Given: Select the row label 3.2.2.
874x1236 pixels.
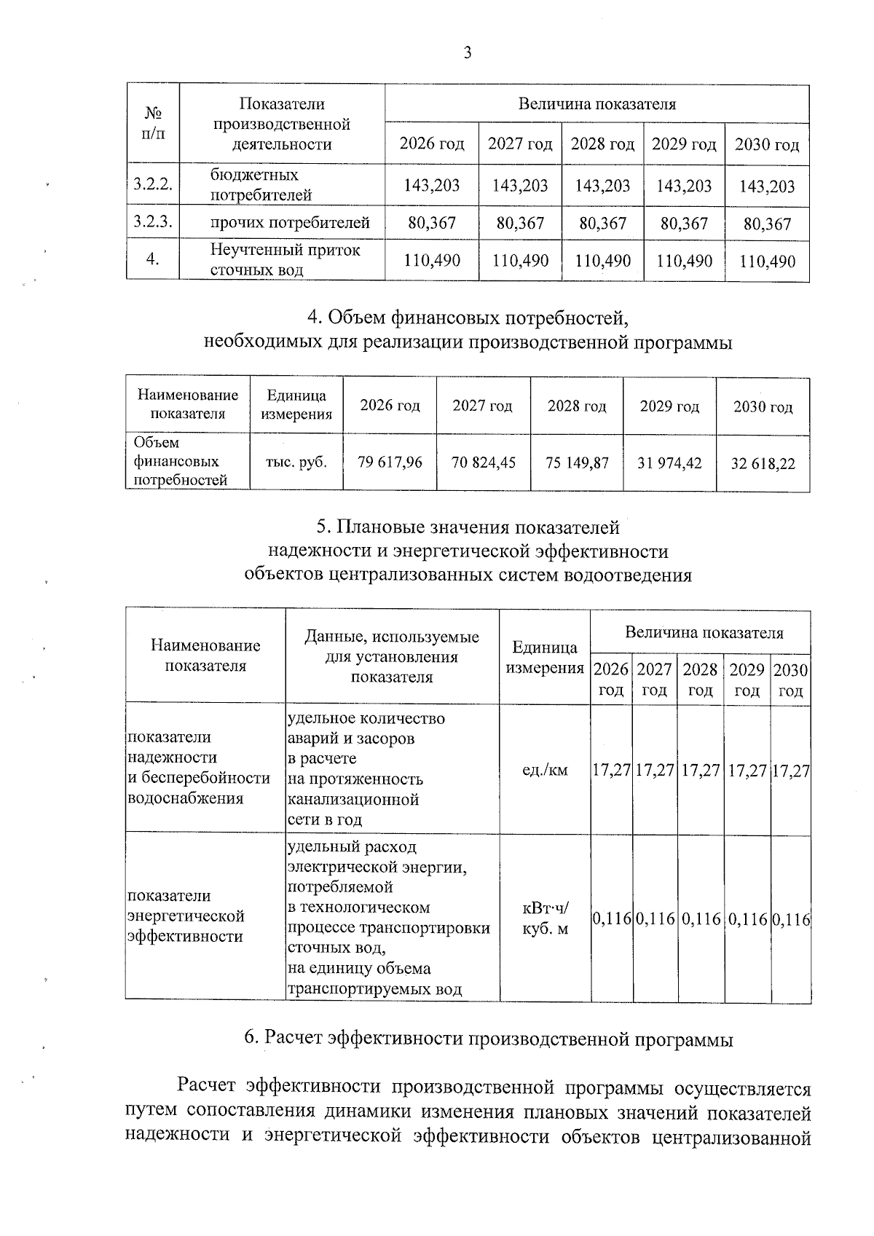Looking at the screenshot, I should pos(152,185).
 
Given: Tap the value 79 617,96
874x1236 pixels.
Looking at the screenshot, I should pos(390,462).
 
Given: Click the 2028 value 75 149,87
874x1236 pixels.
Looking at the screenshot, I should pos(577,462).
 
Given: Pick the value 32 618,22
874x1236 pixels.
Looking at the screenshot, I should pos(763,463).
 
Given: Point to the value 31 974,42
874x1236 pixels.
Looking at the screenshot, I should pos(669,462).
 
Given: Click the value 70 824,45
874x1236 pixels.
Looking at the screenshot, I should pos(484,462).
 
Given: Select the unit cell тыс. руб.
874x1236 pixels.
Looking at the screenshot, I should pos(296,462).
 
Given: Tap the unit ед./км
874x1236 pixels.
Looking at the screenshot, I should pos(545,770).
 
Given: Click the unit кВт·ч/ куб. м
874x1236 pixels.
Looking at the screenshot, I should pos(545,918).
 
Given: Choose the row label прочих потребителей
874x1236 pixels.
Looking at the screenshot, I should pos(290,222).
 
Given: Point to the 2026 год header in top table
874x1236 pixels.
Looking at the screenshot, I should pos(432,144).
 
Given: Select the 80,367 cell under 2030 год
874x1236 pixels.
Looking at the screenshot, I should pos(767,224).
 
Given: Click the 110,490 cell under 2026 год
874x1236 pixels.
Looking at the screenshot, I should pos(432,260).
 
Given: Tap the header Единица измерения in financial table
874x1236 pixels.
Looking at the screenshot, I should pos(296,405).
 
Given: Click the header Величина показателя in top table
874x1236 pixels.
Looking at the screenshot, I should pos(597,104).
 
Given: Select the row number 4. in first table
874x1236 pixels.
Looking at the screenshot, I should pos(152,260).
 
